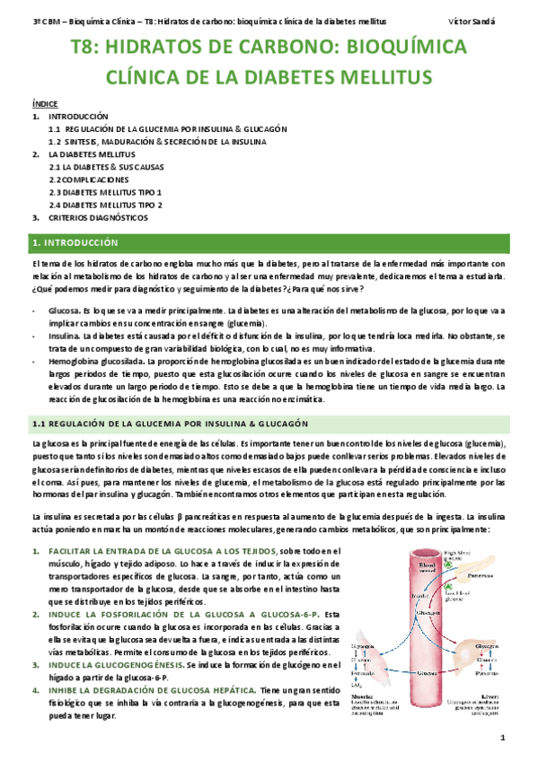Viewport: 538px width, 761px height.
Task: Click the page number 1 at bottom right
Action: point(505,739)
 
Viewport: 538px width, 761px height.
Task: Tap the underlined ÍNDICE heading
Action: point(44,104)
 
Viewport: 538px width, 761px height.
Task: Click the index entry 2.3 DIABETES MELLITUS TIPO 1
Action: point(105,192)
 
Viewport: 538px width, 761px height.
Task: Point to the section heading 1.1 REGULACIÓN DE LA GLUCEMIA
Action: point(170,423)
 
